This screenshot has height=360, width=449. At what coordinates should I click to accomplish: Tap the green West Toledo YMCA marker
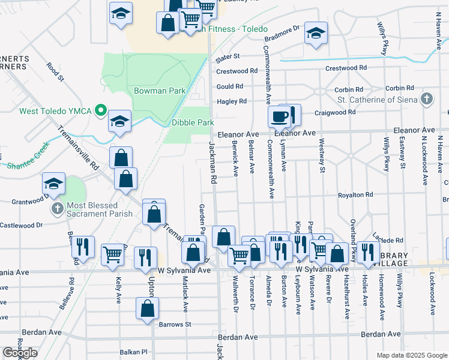tap(101, 111)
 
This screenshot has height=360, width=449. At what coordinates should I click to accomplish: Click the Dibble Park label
tap(193, 122)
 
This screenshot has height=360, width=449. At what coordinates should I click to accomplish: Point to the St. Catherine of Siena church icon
tap(427, 98)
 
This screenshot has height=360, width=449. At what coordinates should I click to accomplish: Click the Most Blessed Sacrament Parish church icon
tap(57, 209)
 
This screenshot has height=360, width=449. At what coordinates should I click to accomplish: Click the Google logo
tap(20, 353)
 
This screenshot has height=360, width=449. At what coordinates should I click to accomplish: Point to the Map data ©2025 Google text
tap(411, 355)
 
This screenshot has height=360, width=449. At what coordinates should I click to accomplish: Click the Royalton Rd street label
tap(355, 195)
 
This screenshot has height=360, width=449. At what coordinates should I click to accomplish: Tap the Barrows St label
tap(175, 325)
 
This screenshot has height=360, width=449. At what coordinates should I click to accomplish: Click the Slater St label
tap(228, 56)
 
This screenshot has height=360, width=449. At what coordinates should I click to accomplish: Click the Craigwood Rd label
tap(339, 112)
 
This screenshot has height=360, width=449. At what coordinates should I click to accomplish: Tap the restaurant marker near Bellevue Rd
tap(83, 247)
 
